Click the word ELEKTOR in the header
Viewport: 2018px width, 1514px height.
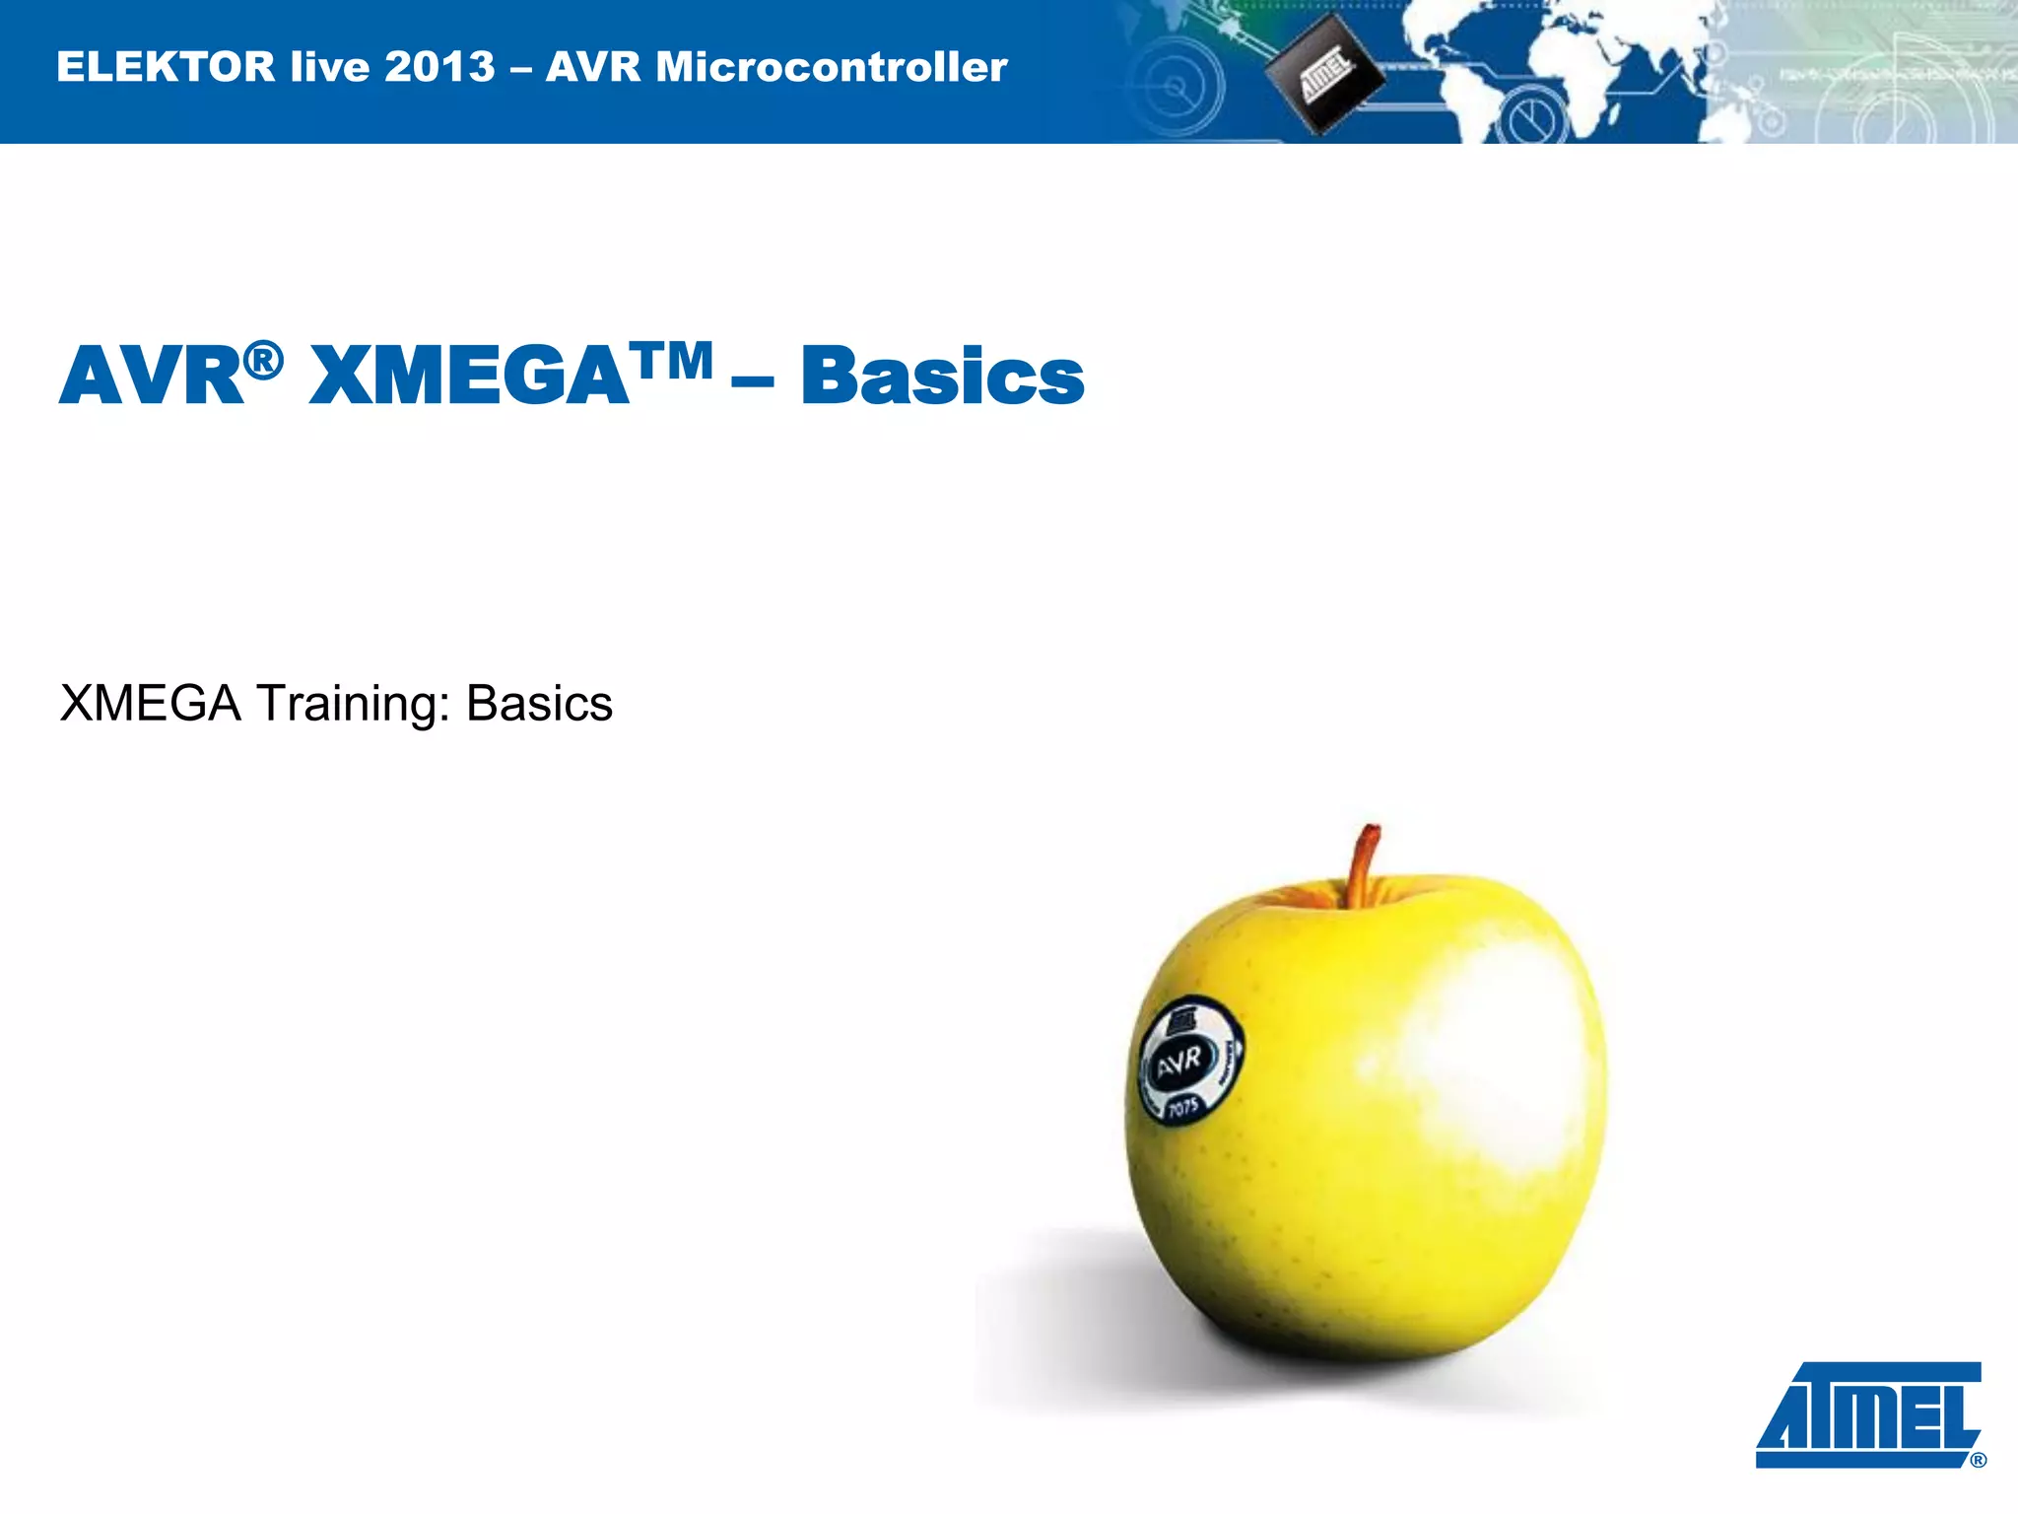click(x=166, y=67)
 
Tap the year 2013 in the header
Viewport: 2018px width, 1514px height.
click(x=438, y=67)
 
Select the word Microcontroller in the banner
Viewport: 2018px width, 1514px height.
click(x=832, y=67)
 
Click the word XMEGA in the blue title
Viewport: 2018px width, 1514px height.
click(x=469, y=377)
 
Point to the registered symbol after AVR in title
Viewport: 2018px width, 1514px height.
click(x=263, y=361)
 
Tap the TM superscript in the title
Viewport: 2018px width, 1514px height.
click(x=674, y=361)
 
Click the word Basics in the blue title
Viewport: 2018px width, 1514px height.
click(x=942, y=377)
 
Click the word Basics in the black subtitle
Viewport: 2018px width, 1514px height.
click(x=539, y=704)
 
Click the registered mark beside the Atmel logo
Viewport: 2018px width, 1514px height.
click(x=1978, y=1460)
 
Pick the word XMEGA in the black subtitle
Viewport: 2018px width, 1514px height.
click(x=150, y=704)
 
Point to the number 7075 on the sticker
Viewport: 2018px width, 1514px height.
click(x=1182, y=1108)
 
